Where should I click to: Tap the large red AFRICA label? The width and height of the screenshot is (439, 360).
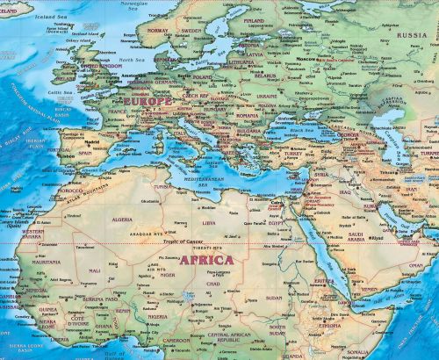pos(205,260)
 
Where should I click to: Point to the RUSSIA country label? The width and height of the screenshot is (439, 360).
pos(410,36)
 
